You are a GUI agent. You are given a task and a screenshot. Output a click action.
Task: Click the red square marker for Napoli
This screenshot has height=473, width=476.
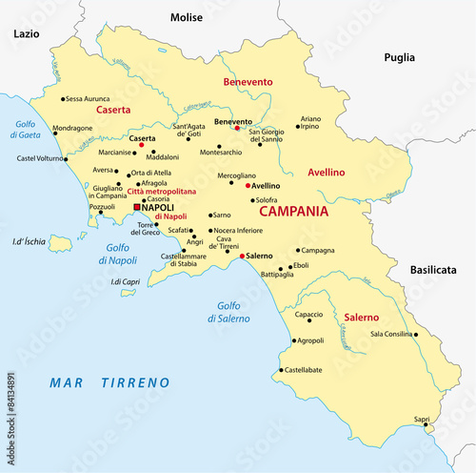click(137, 207)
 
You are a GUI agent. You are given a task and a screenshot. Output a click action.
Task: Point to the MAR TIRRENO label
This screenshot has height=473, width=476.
click(109, 382)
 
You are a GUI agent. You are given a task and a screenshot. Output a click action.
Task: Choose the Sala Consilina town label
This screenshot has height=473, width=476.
click(391, 334)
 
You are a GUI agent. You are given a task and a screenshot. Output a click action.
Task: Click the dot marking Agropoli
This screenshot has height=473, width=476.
click(293, 339)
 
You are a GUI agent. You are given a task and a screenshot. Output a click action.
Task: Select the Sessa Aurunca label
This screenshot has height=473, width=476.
click(88, 98)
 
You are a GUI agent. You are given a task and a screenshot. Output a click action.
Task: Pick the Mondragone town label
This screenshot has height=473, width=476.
click(72, 128)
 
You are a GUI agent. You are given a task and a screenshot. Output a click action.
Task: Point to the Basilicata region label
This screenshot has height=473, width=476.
click(434, 271)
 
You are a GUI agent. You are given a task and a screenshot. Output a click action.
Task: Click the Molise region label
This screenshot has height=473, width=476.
click(187, 17)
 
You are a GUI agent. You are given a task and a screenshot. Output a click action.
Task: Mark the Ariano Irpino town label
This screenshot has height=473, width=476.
click(311, 122)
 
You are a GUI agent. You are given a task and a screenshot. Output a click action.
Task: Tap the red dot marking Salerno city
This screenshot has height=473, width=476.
click(243, 257)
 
